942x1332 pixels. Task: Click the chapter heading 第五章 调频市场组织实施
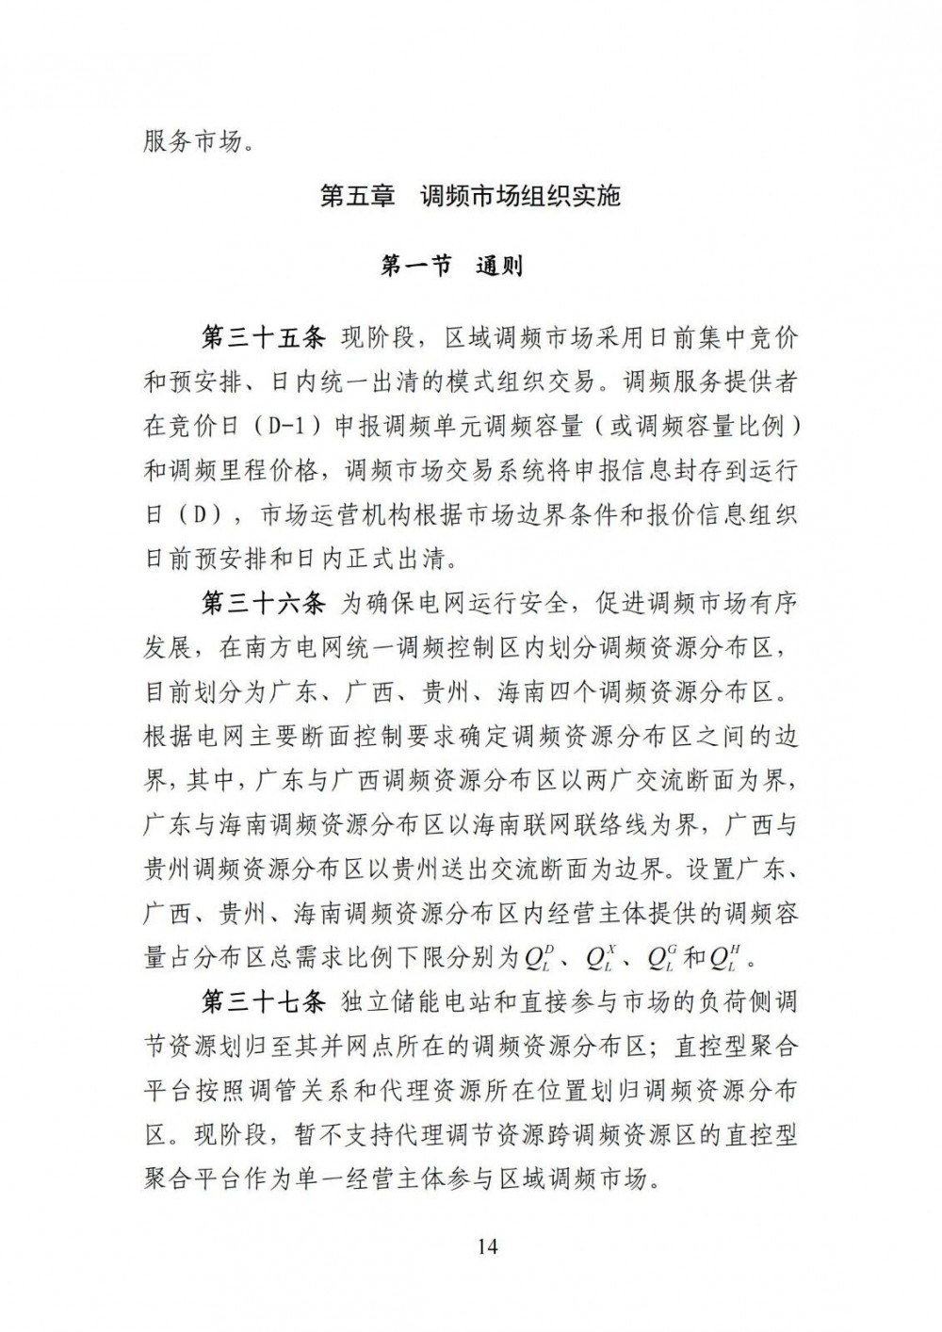pos(470,198)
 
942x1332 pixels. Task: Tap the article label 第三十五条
pos(265,337)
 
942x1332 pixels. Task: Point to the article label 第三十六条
pos(265,601)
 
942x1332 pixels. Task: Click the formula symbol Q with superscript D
pos(538,959)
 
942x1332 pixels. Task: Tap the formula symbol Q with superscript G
pos(660,959)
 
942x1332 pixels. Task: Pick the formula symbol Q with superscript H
pos(723,959)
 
